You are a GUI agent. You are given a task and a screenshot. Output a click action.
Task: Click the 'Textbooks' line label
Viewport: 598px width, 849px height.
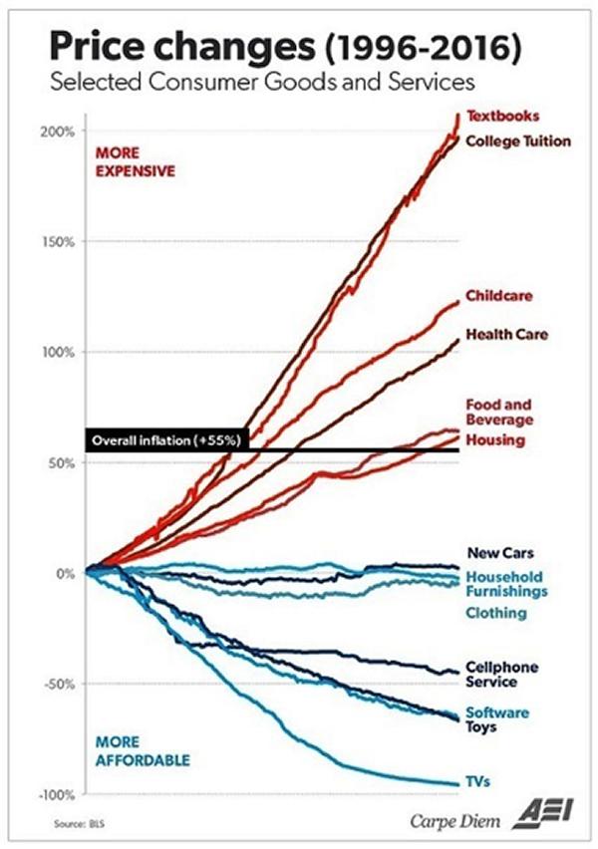503,117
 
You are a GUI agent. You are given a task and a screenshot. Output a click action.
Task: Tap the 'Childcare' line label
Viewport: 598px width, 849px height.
499,296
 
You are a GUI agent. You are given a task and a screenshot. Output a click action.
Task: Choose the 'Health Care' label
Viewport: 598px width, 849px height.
505,334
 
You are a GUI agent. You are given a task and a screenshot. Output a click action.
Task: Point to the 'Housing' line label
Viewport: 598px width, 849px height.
495,439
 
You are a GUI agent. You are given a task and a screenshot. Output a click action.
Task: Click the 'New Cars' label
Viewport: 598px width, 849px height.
499,553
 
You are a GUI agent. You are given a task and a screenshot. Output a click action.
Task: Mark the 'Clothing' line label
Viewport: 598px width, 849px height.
496,613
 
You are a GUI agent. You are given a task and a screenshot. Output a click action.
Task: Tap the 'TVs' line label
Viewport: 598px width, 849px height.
477,782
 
